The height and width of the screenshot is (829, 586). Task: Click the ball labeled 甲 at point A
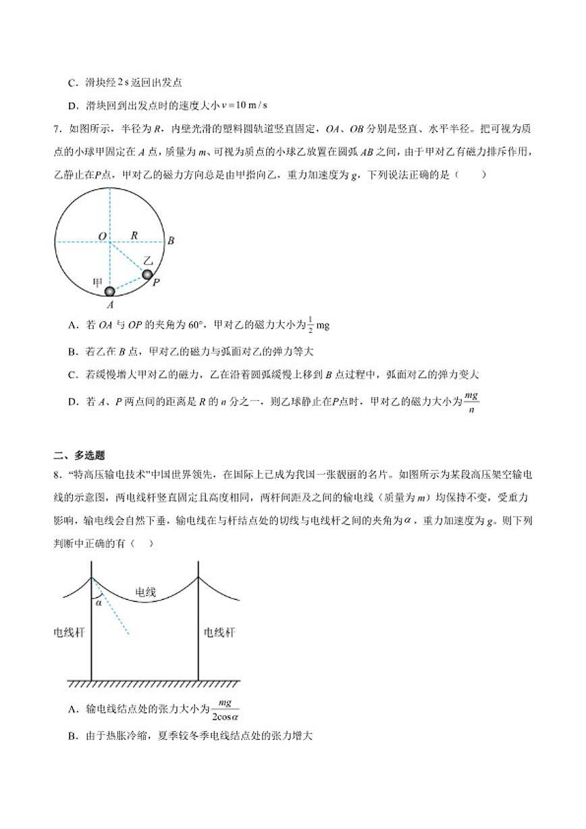pyautogui.click(x=110, y=291)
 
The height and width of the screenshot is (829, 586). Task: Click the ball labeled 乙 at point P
pyautogui.click(x=146, y=274)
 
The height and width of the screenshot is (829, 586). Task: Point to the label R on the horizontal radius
pyautogui.click(x=134, y=235)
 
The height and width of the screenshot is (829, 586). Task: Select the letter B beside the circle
pyautogui.click(x=171, y=241)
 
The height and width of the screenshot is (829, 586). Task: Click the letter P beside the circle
pyautogui.click(x=156, y=282)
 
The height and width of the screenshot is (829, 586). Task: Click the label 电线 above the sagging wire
pyautogui.click(x=146, y=592)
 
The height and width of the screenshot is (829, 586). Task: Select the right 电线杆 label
pyautogui.click(x=220, y=632)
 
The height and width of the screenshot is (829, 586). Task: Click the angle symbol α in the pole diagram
pyautogui.click(x=99, y=603)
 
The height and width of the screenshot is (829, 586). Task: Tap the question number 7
pyautogui.click(x=55, y=128)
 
